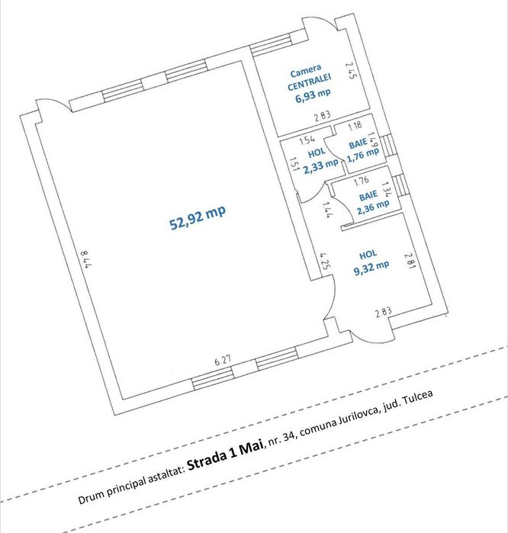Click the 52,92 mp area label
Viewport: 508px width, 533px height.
pos(198,218)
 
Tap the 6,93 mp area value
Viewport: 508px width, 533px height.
pos(313,95)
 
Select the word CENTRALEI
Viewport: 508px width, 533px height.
pos(310,82)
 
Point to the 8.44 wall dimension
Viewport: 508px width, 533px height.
pos(85,260)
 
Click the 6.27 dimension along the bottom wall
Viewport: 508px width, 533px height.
pos(223,361)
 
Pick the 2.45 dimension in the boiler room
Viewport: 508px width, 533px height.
pos(351,70)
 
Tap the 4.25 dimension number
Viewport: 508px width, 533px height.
pos(325,261)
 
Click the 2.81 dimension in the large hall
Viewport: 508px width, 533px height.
pos(410,261)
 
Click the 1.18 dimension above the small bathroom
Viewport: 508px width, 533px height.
pos(355,126)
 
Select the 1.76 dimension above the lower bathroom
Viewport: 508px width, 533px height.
pos(361,181)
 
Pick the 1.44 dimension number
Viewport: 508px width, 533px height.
pos(328,210)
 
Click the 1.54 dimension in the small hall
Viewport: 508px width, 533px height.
pos(307,140)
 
